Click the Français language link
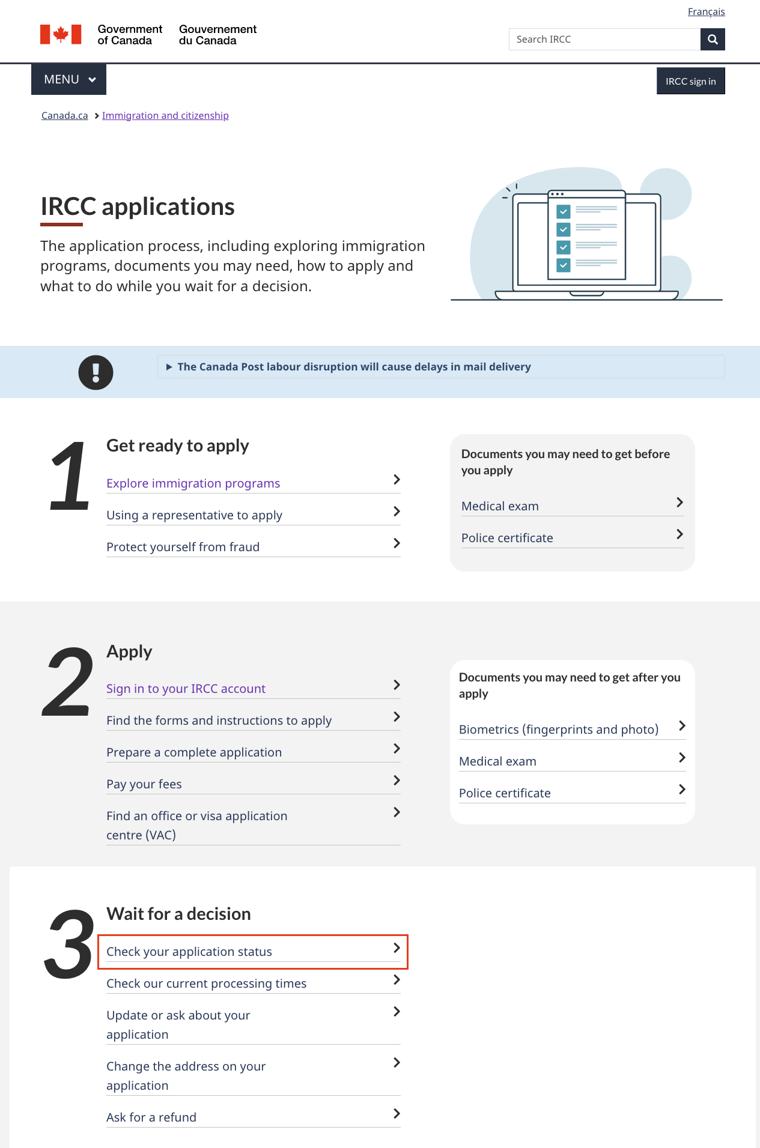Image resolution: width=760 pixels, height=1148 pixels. pos(706,12)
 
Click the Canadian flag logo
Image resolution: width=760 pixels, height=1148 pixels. pos(61,34)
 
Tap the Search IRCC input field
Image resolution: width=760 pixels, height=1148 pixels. pos(604,40)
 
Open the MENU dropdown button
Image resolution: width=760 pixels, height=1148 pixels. pos(68,79)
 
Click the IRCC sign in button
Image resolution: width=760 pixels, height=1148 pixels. pos(690,81)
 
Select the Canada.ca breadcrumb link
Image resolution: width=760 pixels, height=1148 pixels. pos(65,115)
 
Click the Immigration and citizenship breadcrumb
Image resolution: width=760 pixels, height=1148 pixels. pos(165,115)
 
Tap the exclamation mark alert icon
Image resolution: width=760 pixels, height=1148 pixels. pos(96,372)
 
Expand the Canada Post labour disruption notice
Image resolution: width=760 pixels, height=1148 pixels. pos(354,367)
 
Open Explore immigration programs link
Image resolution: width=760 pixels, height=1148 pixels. pos(193,483)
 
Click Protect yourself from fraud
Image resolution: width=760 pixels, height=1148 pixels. pos(183,547)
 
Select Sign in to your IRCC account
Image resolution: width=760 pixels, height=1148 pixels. pos(186,689)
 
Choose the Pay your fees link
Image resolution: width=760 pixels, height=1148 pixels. pos(144,784)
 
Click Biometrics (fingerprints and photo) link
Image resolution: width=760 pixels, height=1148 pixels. pos(558,730)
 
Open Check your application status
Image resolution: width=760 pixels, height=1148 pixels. pos(189,952)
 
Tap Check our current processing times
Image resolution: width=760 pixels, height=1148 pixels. pos(206,983)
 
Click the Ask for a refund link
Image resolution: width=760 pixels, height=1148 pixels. pos(151,1117)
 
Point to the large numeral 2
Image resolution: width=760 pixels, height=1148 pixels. pos(68,682)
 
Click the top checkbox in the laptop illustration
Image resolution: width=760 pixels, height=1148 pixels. pos(563,211)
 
